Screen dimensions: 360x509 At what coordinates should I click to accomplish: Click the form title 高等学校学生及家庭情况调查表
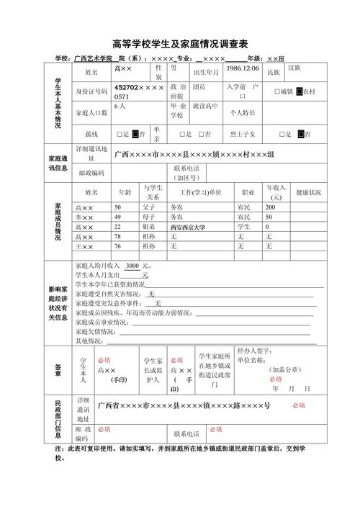coord(180,42)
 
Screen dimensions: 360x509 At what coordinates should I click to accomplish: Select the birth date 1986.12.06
coord(243,68)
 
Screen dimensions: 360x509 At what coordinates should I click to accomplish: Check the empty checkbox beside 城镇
coord(277,92)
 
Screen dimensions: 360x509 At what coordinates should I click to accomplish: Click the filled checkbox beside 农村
coord(300,92)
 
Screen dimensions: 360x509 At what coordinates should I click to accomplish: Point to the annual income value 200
coord(271,207)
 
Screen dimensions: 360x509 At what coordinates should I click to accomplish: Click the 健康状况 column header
coord(308,193)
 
